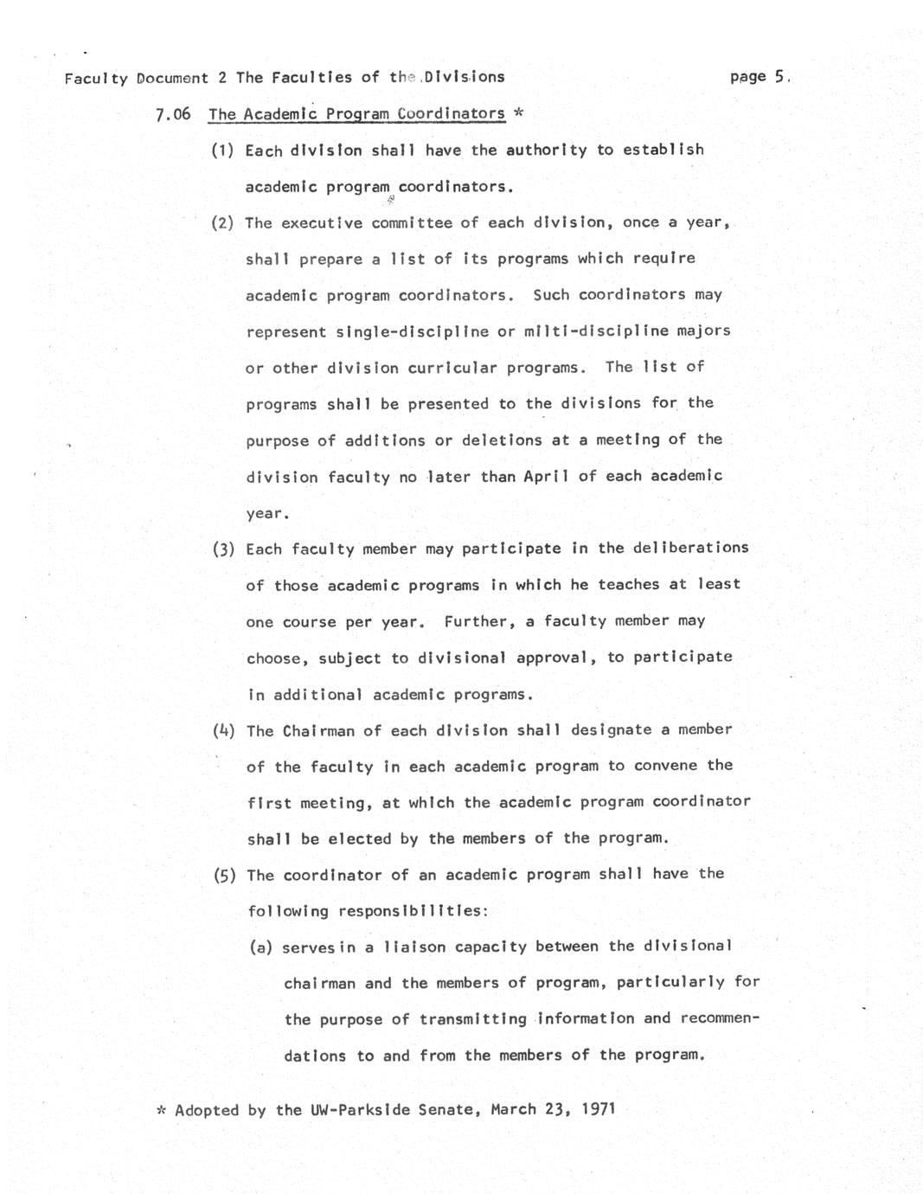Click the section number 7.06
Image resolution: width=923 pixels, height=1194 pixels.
(x=173, y=114)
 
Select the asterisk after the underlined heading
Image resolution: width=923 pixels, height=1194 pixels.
(x=517, y=113)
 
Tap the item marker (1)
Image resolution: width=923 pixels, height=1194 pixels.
(x=223, y=151)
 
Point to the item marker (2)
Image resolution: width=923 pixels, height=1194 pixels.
(x=223, y=223)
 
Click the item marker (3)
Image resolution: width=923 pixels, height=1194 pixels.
(x=224, y=549)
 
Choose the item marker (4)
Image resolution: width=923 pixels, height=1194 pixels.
(x=224, y=730)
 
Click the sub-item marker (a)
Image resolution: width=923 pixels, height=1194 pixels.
(x=261, y=947)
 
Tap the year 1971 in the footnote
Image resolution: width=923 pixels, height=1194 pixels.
(x=598, y=1108)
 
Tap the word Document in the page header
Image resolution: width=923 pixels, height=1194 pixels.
(x=173, y=78)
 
